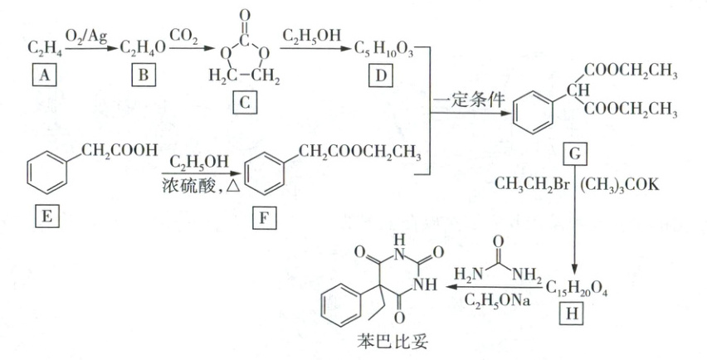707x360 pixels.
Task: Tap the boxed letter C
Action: click(241, 104)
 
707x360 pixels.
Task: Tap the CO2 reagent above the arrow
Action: click(185, 37)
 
